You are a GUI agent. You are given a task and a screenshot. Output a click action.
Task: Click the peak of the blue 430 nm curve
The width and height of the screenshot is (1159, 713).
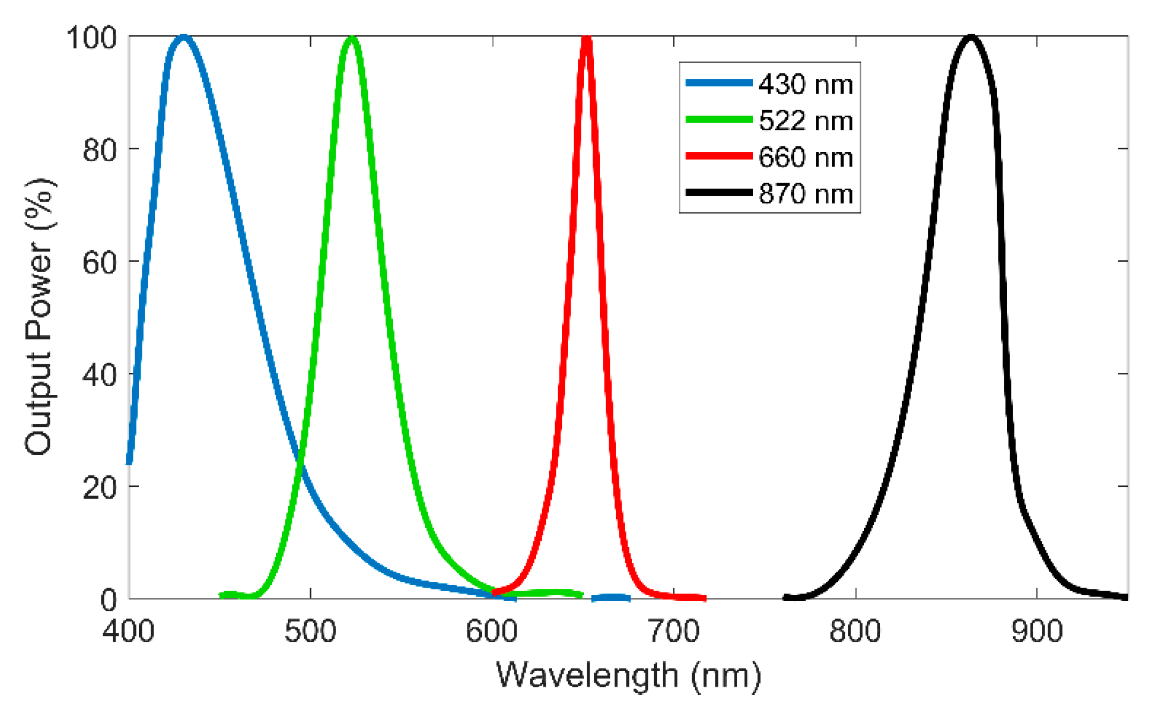[184, 37]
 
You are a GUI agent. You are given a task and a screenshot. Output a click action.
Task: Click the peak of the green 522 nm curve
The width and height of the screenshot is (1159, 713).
[352, 38]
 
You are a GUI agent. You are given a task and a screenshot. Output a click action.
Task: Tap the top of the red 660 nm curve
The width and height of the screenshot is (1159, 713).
[586, 37]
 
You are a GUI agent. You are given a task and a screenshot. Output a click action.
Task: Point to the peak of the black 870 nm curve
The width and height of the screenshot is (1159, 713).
[971, 37]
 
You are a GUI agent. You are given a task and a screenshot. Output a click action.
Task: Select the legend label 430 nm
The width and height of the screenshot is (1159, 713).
[806, 85]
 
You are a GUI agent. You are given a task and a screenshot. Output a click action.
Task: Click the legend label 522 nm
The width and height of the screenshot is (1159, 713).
[806, 121]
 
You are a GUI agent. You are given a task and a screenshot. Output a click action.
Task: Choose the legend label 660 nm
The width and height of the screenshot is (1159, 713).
[806, 157]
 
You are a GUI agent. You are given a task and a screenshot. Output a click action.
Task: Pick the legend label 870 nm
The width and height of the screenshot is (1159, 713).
[806, 194]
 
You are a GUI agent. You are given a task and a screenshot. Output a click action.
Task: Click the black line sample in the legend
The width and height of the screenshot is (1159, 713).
[719, 192]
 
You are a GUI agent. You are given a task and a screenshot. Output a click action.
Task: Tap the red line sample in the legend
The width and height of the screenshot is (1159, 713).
[719, 156]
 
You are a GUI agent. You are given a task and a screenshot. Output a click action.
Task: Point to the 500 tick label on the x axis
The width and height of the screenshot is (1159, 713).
[310, 631]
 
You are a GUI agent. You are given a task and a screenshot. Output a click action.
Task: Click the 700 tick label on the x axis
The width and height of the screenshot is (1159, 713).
[673, 631]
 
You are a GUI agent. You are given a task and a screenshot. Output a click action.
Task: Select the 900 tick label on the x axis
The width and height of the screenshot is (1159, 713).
[1036, 631]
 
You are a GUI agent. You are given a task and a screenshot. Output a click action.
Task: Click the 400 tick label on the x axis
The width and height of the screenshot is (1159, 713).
[128, 631]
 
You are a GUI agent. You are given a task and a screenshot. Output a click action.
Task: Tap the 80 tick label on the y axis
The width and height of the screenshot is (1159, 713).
[100, 151]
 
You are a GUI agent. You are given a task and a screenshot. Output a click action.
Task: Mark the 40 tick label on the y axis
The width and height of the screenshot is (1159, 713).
[100, 375]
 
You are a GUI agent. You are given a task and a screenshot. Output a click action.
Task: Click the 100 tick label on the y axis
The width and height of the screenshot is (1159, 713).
[92, 38]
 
